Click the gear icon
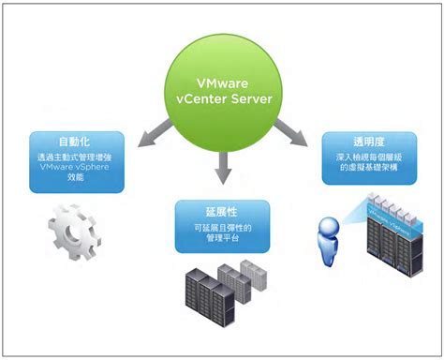coord(70,232)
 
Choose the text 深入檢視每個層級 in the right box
coord(368,157)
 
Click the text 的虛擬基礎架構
coord(368,170)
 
